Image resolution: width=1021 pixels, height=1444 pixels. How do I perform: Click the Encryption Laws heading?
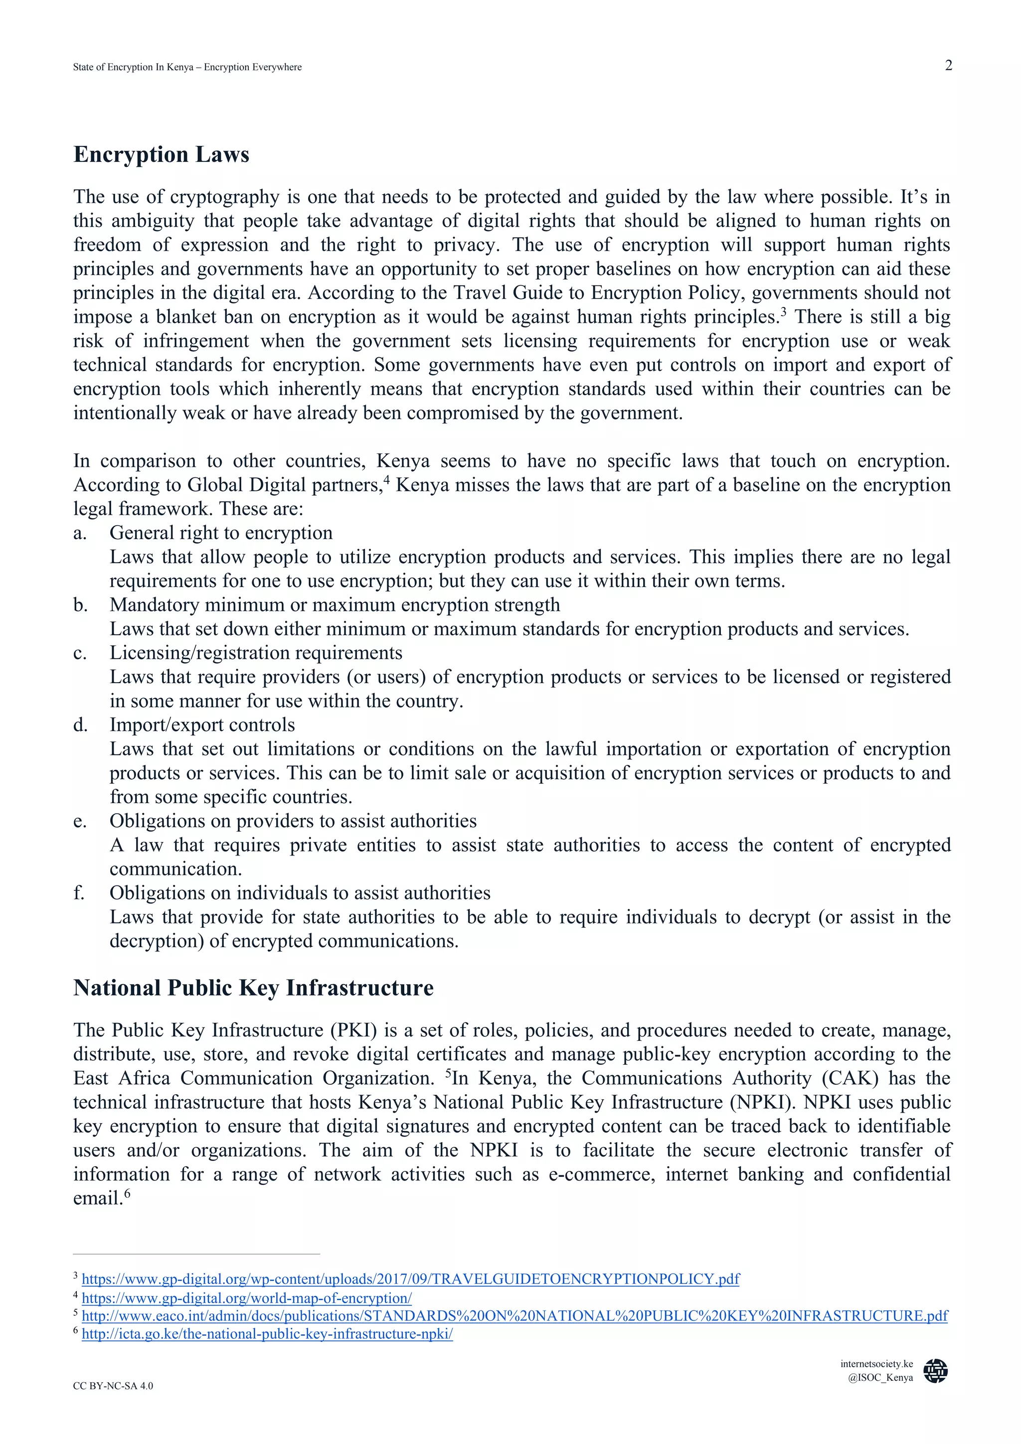tap(161, 154)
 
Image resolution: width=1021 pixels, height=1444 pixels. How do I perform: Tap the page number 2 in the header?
tap(948, 65)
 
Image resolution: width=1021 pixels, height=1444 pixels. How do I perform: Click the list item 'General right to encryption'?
tap(221, 533)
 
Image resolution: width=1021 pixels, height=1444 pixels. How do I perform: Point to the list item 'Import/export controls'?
tap(202, 725)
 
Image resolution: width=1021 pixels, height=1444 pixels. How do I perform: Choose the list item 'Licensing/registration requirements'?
tap(255, 653)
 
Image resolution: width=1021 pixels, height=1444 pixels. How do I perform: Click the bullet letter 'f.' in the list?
tap(79, 893)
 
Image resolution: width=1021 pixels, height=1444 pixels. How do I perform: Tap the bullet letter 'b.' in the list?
tap(79, 605)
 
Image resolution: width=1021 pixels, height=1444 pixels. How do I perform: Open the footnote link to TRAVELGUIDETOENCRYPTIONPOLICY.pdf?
tap(410, 1279)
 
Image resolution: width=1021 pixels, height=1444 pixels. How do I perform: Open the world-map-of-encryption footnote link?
tap(247, 1298)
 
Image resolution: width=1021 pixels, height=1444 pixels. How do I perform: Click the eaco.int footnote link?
tap(514, 1316)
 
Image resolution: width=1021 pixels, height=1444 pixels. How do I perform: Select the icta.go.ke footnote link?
tap(267, 1334)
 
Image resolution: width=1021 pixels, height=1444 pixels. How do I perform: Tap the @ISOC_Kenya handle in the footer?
tap(879, 1377)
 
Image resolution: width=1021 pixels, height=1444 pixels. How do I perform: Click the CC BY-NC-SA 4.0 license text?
tap(113, 1386)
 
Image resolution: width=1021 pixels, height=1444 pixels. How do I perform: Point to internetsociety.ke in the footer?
tap(876, 1363)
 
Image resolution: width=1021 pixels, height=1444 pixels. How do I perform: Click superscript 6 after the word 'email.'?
tap(127, 1193)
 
